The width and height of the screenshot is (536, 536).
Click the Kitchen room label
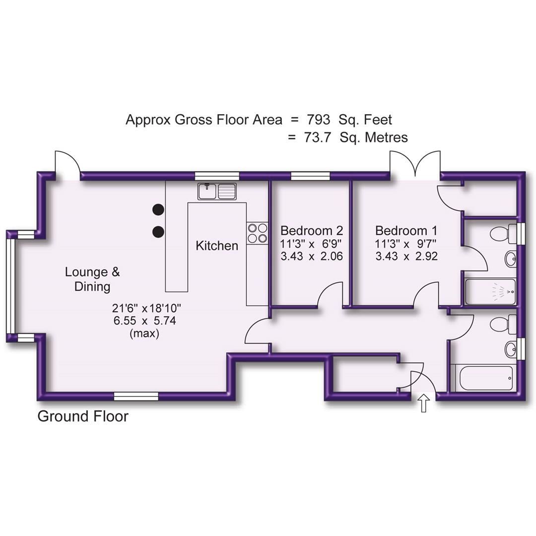click(x=217, y=245)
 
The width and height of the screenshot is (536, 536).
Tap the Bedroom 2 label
click(x=312, y=231)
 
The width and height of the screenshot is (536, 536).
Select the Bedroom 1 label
click(x=406, y=231)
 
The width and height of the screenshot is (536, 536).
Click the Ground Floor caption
click(x=83, y=416)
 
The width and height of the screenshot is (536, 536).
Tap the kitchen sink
click(x=217, y=191)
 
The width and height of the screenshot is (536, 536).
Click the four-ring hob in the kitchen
click(x=257, y=233)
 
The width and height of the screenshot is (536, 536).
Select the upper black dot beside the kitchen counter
click(x=158, y=209)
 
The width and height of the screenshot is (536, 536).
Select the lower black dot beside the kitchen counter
click(x=158, y=231)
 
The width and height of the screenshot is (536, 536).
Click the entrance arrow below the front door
click(x=423, y=403)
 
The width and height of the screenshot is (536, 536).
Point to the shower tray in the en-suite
click(x=490, y=292)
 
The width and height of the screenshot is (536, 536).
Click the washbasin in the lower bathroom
click(x=511, y=349)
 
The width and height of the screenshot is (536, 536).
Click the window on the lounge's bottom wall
click(x=136, y=396)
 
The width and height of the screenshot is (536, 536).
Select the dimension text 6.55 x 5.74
click(x=144, y=321)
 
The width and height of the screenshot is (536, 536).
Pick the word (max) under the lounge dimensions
click(x=144, y=334)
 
